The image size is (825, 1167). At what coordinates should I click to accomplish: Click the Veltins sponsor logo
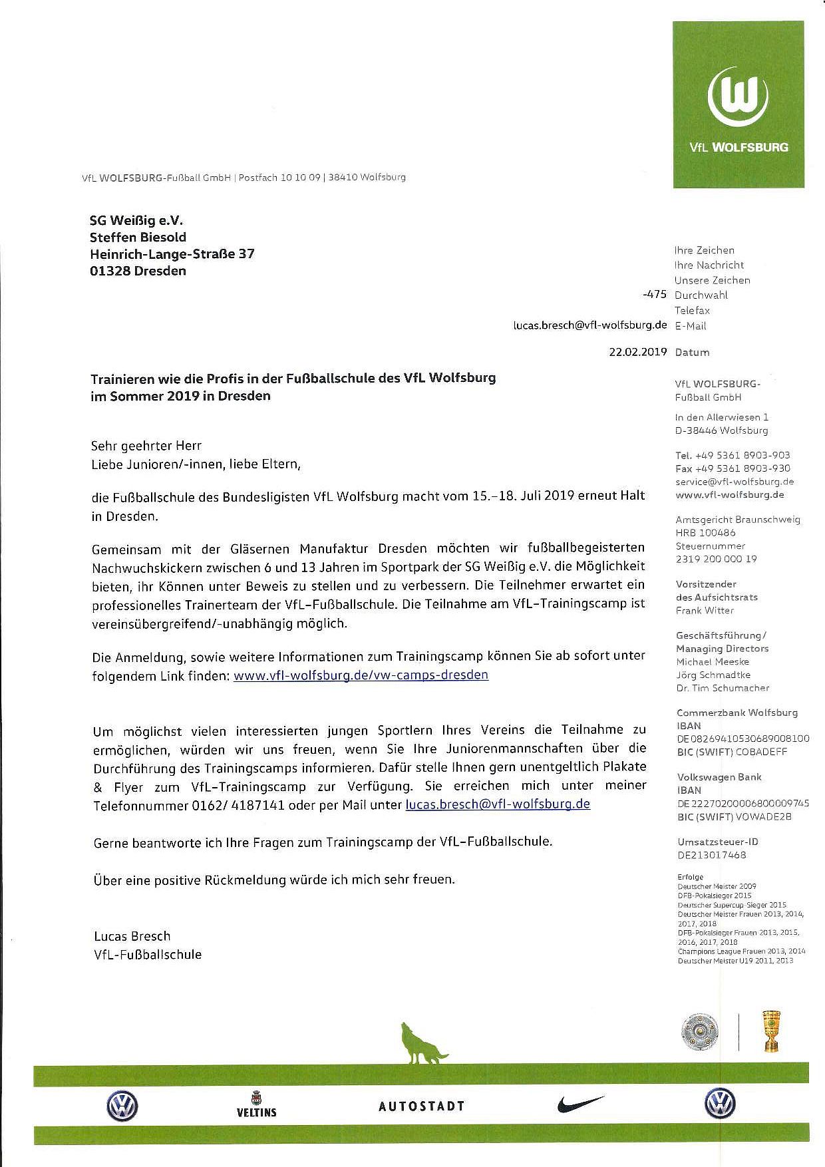tap(256, 1103)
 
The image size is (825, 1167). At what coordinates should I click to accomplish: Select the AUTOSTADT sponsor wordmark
tap(421, 1106)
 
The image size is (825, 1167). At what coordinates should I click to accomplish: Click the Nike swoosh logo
tap(581, 1104)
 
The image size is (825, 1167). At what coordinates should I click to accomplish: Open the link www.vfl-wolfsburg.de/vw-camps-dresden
tap(361, 674)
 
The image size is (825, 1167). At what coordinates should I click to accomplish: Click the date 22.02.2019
tap(637, 352)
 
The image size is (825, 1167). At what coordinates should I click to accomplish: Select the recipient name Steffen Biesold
tap(138, 237)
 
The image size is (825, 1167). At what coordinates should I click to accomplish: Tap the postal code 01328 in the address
tap(110, 271)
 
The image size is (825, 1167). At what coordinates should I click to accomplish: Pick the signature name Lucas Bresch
tap(132, 936)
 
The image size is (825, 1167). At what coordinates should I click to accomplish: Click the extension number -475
tap(655, 295)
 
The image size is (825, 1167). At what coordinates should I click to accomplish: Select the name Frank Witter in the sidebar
tap(705, 610)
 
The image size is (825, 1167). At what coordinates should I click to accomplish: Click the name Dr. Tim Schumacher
tap(722, 688)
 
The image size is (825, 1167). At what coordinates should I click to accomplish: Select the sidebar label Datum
tap(692, 352)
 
